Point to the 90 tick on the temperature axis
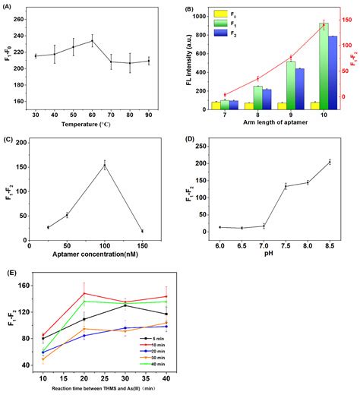(149, 114)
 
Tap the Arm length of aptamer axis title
(267, 124)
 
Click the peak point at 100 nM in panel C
(104, 165)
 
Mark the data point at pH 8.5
(330, 161)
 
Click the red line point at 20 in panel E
(84, 293)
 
